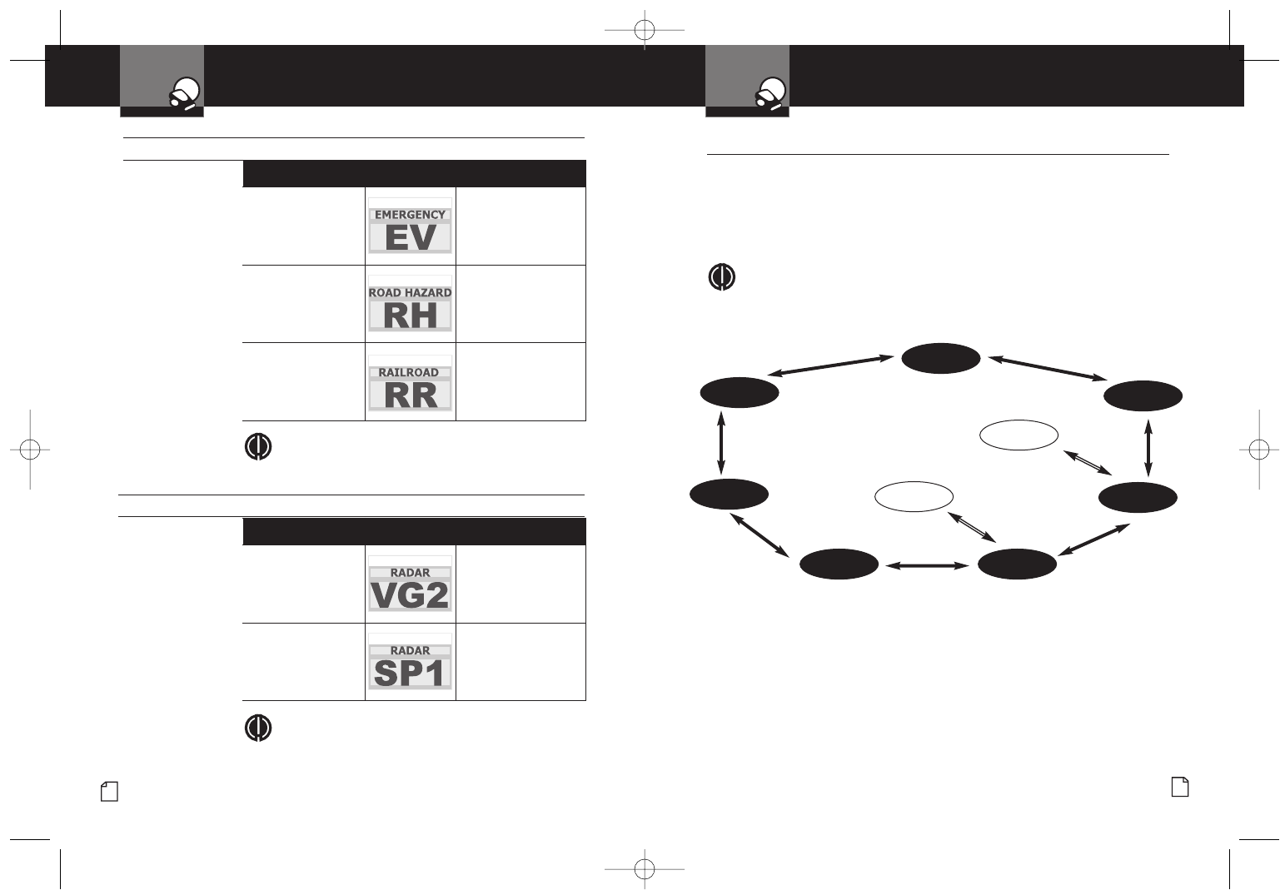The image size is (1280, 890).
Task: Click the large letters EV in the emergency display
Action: click(x=411, y=238)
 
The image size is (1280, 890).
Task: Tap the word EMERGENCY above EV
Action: click(x=410, y=215)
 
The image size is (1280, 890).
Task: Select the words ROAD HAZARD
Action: click(x=410, y=293)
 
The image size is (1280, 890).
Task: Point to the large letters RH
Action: click(x=411, y=316)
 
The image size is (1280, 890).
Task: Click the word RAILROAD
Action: click(x=409, y=373)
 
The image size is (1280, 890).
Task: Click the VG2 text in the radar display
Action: click(x=411, y=595)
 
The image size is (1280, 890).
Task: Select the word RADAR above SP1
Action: click(x=411, y=651)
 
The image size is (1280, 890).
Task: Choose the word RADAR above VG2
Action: click(x=411, y=573)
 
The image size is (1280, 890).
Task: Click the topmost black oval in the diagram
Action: click(x=941, y=358)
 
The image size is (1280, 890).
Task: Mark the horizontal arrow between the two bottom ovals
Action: click(x=928, y=566)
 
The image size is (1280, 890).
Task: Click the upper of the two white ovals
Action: click(x=1019, y=435)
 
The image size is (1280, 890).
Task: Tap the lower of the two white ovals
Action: click(x=914, y=496)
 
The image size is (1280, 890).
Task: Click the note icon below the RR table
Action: click(x=258, y=446)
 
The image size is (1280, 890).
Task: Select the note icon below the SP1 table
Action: click(x=258, y=728)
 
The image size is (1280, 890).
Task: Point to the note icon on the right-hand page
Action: click(x=721, y=277)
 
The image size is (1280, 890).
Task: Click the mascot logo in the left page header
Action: click(x=186, y=93)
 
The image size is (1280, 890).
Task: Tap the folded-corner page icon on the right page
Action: click(x=1180, y=787)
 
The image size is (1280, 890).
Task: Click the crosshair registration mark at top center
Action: click(x=645, y=31)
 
